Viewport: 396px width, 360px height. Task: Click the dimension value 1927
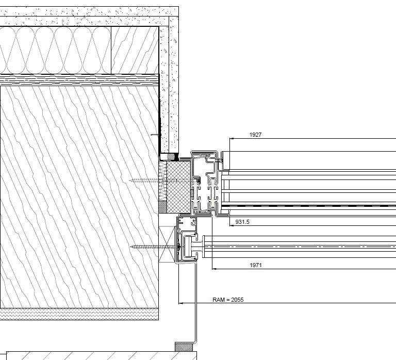255,135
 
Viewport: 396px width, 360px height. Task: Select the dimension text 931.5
242,222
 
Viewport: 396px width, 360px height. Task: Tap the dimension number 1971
256,265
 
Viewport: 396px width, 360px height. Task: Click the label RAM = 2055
228,300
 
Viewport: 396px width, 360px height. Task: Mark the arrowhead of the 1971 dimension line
214,269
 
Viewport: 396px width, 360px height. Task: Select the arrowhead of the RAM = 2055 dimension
180,303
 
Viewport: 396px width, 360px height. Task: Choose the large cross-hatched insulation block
179,187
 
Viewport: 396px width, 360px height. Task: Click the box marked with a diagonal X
167,244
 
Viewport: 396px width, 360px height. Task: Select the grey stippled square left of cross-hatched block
162,207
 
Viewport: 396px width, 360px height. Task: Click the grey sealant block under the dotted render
171,157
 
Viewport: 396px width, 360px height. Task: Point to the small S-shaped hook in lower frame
194,222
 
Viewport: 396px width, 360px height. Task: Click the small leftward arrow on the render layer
155,135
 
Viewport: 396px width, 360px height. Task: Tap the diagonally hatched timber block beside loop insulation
135,50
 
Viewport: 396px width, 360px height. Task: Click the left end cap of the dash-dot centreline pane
204,247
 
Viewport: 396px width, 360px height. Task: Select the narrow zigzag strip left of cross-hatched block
162,181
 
